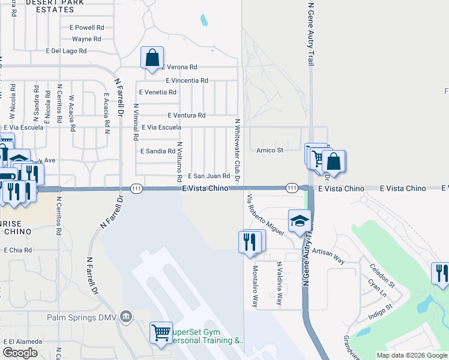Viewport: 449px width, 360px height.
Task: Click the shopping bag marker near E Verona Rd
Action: click(x=152, y=58)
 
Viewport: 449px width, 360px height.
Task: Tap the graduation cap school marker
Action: click(x=299, y=221)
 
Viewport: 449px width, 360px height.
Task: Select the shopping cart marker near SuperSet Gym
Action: click(x=161, y=332)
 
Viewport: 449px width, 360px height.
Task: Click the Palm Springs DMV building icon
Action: click(x=126, y=316)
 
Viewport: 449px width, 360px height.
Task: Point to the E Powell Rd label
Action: click(x=87, y=28)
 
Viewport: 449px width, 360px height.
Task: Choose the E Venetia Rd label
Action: click(x=158, y=92)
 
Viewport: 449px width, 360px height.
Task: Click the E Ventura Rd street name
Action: click(x=187, y=115)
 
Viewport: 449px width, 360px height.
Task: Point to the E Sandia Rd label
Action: click(x=157, y=152)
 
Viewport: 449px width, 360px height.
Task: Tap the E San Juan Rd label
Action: click(x=209, y=176)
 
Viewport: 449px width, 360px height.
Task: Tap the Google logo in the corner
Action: click(x=20, y=353)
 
